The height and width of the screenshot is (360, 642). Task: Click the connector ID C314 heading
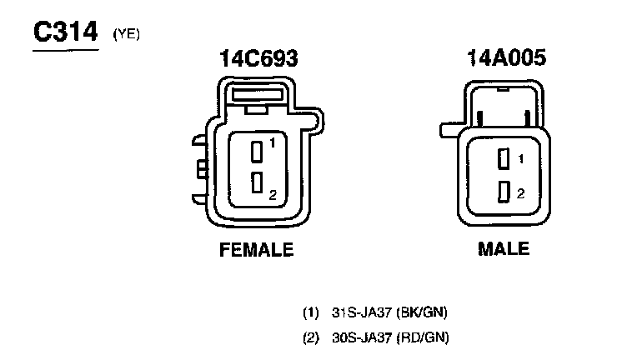pyautogui.click(x=66, y=32)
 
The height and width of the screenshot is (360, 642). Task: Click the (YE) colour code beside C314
pyautogui.click(x=127, y=34)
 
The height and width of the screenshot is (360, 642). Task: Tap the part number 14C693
pyautogui.click(x=258, y=58)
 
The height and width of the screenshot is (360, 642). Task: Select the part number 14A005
pyautogui.click(x=506, y=57)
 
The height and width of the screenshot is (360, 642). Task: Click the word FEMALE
pyautogui.click(x=257, y=249)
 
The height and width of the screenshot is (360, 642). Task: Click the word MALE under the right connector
pyautogui.click(x=504, y=248)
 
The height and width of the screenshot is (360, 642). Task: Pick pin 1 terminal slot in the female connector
pyautogui.click(x=257, y=152)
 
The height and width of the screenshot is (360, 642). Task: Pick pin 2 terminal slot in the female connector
pyautogui.click(x=257, y=182)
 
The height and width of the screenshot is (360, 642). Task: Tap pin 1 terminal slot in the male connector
pyautogui.click(x=504, y=158)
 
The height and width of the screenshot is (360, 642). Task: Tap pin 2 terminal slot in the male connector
pyautogui.click(x=504, y=192)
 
